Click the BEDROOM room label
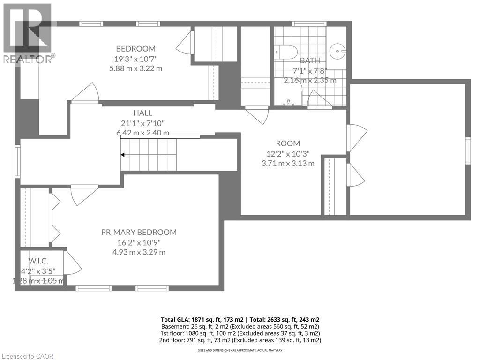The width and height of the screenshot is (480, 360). (x=135, y=49)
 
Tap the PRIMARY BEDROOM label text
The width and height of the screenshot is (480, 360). (x=139, y=232)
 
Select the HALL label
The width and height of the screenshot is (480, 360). (x=142, y=113)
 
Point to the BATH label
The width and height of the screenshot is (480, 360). (x=310, y=60)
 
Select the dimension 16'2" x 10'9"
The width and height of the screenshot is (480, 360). (x=139, y=242)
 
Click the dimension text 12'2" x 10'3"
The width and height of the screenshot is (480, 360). (x=288, y=153)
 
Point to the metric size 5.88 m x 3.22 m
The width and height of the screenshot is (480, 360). (x=135, y=68)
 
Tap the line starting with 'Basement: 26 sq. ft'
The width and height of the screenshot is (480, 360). (x=240, y=326)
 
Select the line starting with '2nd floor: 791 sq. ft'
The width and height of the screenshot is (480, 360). (x=240, y=340)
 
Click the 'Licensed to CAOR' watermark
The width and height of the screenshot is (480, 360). (x=27, y=356)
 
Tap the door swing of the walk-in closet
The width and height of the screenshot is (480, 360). (x=72, y=264)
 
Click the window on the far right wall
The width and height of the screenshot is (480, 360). (x=468, y=151)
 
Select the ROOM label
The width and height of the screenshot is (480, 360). (x=288, y=143)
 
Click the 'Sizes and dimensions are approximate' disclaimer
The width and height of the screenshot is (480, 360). (x=240, y=350)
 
